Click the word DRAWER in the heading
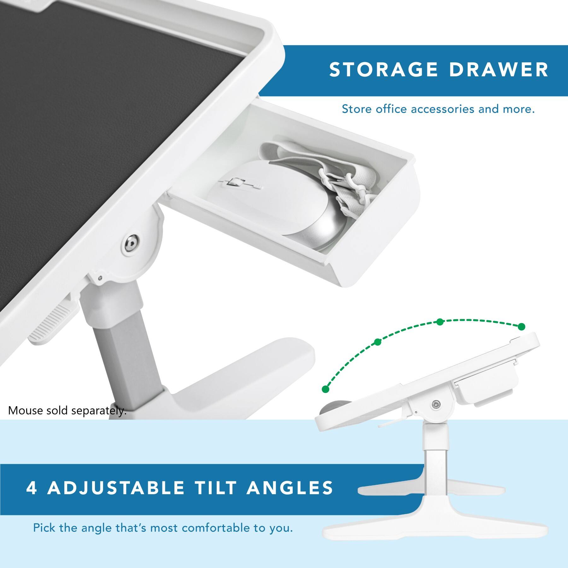[499, 70]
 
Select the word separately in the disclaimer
[99, 411]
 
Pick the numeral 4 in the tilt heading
[31, 488]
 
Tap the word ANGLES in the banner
[290, 488]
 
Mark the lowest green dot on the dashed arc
[326, 389]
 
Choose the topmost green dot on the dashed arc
[440, 322]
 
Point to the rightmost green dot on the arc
[522, 327]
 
